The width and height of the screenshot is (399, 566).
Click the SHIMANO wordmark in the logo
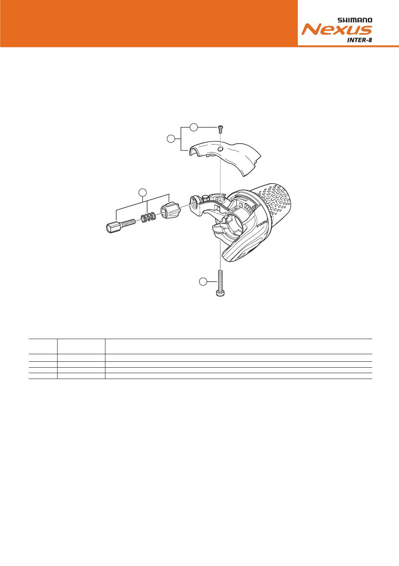355,20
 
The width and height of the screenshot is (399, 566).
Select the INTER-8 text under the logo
360,39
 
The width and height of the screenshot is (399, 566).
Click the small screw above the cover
220,129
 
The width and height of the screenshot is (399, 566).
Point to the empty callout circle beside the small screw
194,127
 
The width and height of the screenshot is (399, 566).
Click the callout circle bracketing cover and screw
171,139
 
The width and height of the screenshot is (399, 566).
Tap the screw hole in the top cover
220,149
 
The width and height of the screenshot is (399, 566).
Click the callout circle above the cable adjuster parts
143,192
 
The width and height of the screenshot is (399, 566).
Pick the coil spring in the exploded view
148,217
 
